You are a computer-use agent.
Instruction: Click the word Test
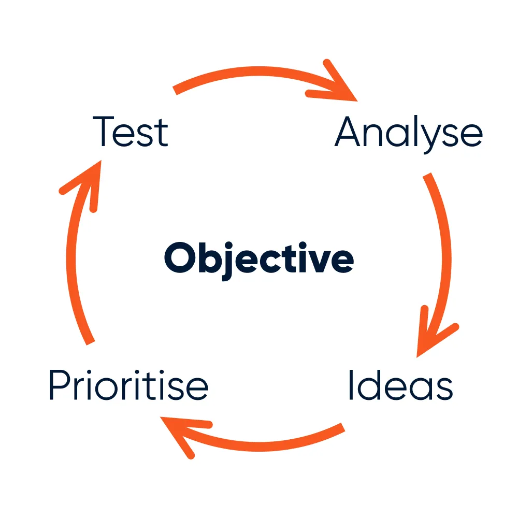tap(131, 132)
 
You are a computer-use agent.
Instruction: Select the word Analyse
tap(409, 133)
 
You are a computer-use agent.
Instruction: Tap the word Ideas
tap(400, 385)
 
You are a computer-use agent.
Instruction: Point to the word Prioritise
tap(128, 385)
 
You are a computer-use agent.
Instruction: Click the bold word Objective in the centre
tap(259, 259)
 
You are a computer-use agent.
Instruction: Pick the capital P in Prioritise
tap(60, 385)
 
